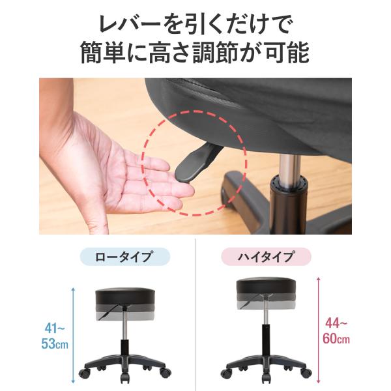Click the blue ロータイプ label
pyautogui.click(x=125, y=257)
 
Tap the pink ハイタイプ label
pyautogui.click(x=266, y=257)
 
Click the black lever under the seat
pyautogui.click(x=197, y=163)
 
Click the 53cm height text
pyautogui.click(x=55, y=343)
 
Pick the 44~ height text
pyautogui.click(x=336, y=324)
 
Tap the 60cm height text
pyautogui.click(x=336, y=339)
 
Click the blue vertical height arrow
pyautogui.click(x=73, y=335)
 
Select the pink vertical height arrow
pyautogui.click(x=318, y=330)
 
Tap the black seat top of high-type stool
pyautogui.click(x=266, y=287)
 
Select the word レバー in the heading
pyautogui.click(x=130, y=24)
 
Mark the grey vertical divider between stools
pyautogui.click(x=195, y=315)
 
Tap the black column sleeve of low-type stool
pyautogui.click(x=124, y=349)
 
